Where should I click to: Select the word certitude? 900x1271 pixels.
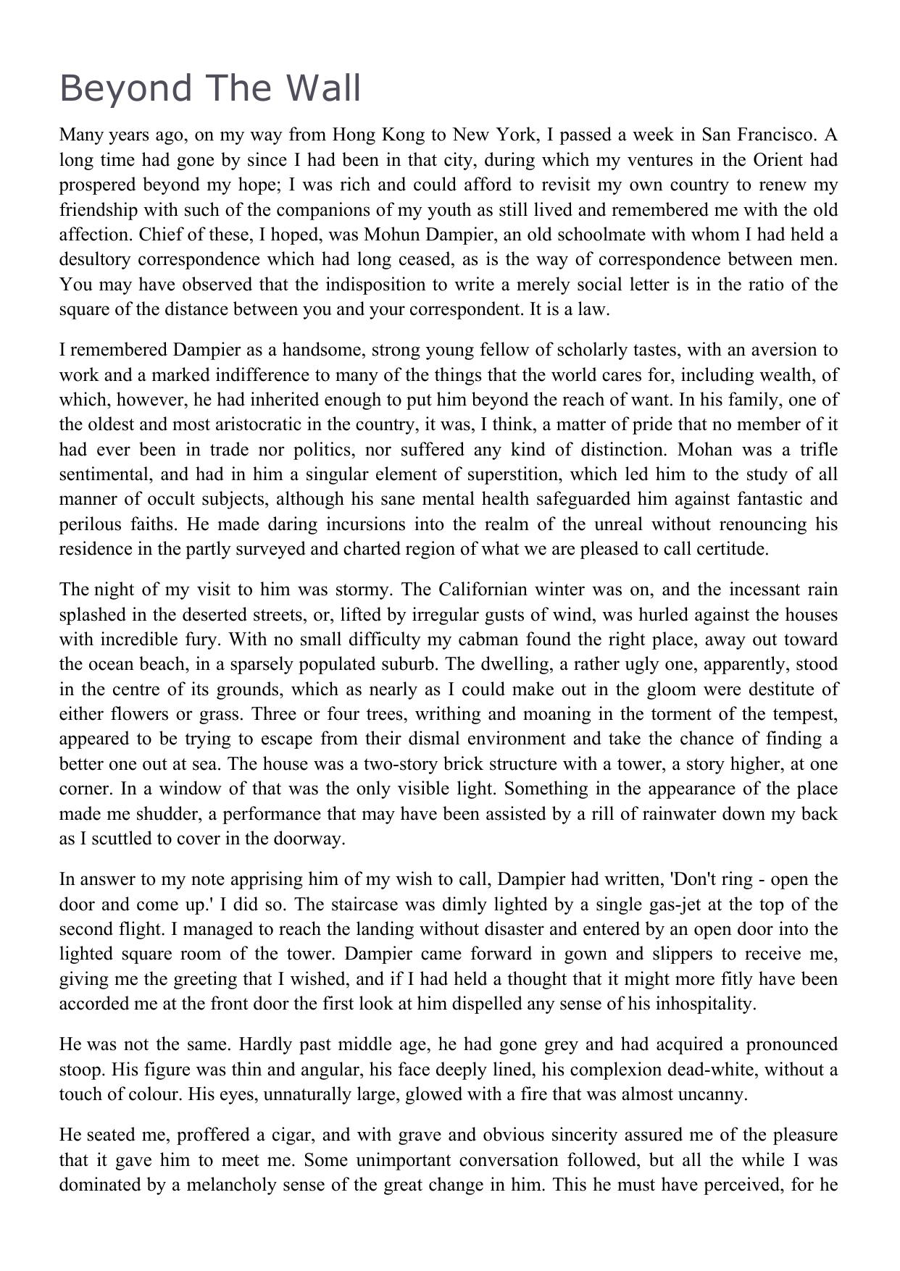730,549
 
